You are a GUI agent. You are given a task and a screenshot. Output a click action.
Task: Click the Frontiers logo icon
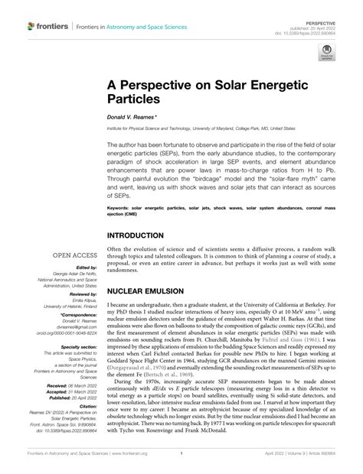(x=31, y=26)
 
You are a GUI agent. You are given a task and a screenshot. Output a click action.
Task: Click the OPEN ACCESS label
(x=75, y=255)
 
